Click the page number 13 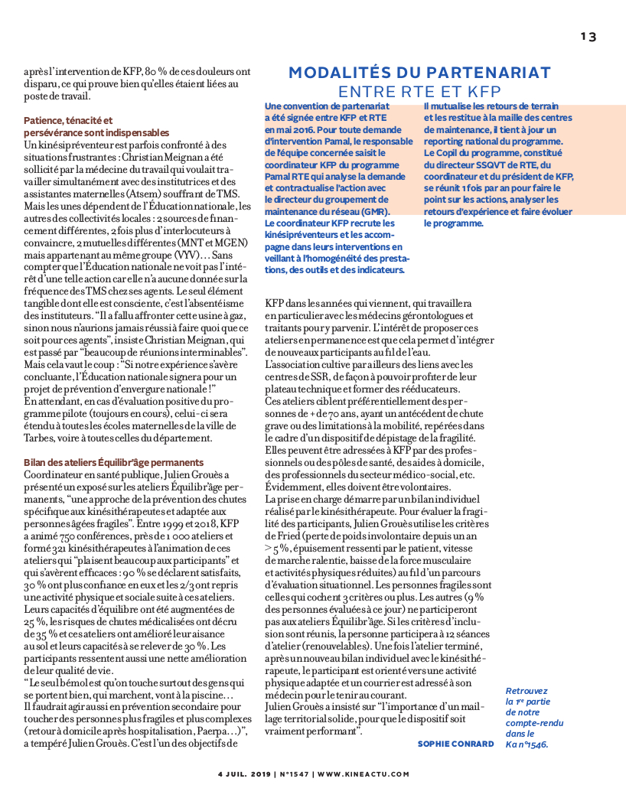click(x=588, y=37)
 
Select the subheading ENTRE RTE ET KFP click(x=419, y=92)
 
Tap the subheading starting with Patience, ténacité click(x=68, y=121)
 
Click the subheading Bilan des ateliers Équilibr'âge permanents click(x=113, y=463)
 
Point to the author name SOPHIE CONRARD click(x=455, y=744)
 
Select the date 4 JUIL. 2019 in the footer click(x=245, y=774)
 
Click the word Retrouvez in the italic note click(x=528, y=691)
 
